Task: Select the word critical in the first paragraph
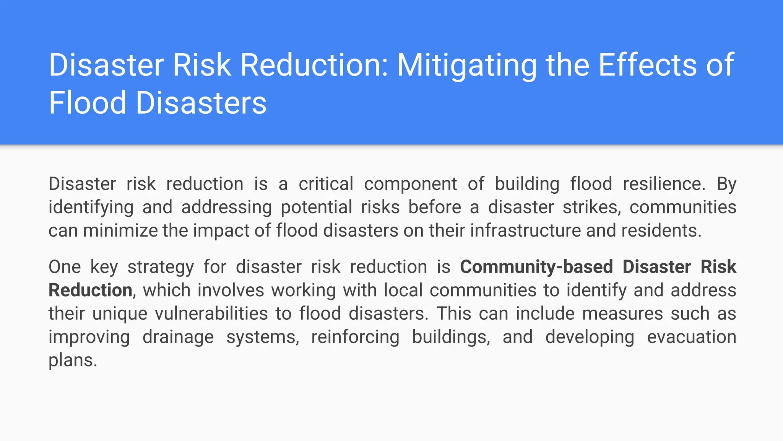326,184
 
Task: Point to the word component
410,185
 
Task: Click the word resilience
664,184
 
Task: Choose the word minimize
120,230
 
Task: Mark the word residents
661,230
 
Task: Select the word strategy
161,267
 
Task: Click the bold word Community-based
536,267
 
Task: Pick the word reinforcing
355,337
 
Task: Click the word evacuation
691,337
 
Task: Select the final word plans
73,361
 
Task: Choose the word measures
622,314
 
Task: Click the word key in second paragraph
104,267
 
